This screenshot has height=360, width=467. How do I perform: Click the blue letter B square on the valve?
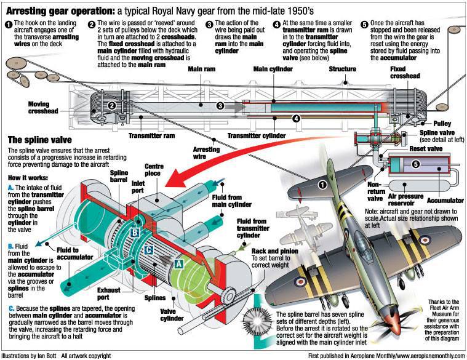pos(135,232)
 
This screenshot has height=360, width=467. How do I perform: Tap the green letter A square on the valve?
pos(178,263)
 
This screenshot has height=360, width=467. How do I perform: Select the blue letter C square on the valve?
pos(149,249)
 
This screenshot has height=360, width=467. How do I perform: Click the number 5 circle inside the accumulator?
pos(416,164)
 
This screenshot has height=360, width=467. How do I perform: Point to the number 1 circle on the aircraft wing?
pos(322,185)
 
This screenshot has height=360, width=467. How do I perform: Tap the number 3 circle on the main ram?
pos(220,105)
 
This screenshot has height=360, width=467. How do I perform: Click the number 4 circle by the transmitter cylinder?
pos(296,119)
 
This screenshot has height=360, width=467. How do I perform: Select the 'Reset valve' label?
pos(426,148)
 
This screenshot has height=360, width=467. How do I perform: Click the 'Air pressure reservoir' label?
pos(405,200)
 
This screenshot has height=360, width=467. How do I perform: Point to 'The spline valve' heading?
pos(39,140)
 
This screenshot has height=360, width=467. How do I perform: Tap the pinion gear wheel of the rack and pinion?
pos(229,295)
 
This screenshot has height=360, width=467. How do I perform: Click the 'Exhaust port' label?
pos(109,294)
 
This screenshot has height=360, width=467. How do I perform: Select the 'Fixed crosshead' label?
pos(405,73)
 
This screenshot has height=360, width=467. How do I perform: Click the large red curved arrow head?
pos(174,178)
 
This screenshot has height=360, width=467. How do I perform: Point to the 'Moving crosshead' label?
pos(43,108)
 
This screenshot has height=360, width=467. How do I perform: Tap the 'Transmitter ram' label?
pos(151,136)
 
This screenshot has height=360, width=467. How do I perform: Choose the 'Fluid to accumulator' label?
pos(74,254)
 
